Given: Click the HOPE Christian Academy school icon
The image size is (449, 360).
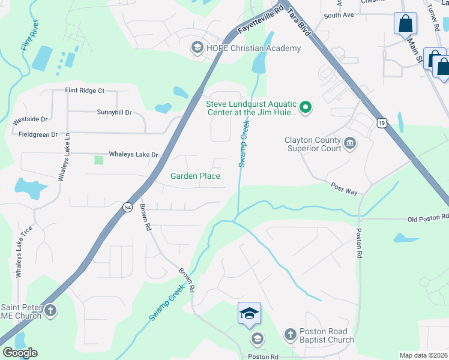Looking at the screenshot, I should click(x=196, y=47).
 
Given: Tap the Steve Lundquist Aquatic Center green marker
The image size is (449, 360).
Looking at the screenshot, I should click(x=306, y=107).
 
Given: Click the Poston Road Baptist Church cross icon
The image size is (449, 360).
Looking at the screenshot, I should click(x=290, y=334).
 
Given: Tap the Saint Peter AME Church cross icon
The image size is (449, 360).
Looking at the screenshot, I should click(x=51, y=311).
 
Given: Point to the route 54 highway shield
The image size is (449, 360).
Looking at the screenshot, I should click(x=127, y=207).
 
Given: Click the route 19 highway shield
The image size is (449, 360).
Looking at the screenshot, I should click(x=382, y=123).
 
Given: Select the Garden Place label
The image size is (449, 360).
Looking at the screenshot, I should click(x=195, y=176).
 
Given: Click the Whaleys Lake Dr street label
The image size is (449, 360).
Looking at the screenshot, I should click(x=133, y=155).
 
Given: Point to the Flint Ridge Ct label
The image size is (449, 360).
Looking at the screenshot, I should click(x=85, y=91).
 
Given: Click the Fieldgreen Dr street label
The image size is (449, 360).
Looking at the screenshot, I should click(x=38, y=134).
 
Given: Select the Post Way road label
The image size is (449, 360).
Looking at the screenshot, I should click(x=344, y=188).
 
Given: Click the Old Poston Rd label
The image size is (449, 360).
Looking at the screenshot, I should click(x=427, y=218).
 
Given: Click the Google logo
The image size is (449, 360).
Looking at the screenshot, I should click(x=20, y=353).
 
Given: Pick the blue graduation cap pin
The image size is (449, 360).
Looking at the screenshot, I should click(x=249, y=314).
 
